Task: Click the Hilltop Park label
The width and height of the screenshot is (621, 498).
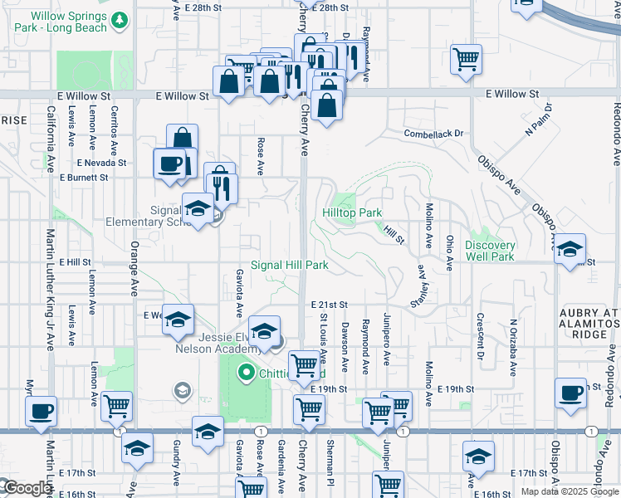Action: point(352,213)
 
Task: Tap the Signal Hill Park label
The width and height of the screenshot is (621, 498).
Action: point(290,266)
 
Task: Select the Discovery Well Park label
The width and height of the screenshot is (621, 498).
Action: point(490,251)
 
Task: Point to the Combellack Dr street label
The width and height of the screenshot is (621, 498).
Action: point(433,133)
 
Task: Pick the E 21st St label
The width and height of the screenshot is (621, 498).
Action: point(330,305)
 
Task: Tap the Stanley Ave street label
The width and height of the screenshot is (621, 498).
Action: point(422,286)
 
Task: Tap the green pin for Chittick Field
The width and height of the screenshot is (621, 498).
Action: point(245,373)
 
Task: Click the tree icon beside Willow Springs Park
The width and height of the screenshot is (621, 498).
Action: point(120,19)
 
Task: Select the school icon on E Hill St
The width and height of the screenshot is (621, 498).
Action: point(570,251)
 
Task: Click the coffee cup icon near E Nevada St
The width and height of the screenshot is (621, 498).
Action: point(169,162)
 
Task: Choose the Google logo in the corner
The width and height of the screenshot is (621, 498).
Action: point(27,489)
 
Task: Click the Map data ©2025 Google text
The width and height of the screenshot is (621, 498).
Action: point(569,491)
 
